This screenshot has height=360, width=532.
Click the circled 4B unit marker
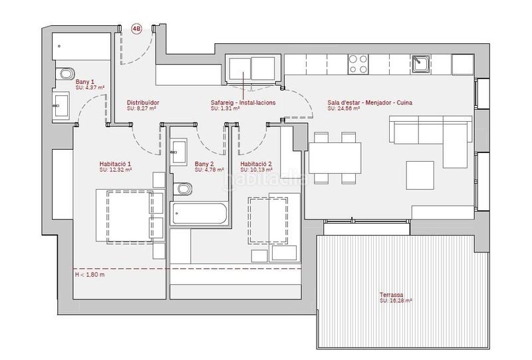(x=137, y=29)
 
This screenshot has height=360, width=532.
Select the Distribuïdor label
(x=143, y=102)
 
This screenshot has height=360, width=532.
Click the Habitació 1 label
(x=115, y=164)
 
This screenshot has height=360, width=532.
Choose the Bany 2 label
(x=204, y=164)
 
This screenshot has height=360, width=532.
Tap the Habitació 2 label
(x=256, y=164)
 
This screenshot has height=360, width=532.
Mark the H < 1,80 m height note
(x=90, y=273)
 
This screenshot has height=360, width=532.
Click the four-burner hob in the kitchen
(x=359, y=64)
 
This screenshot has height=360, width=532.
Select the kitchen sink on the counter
(x=420, y=64)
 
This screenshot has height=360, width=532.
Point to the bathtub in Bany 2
(x=199, y=214)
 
